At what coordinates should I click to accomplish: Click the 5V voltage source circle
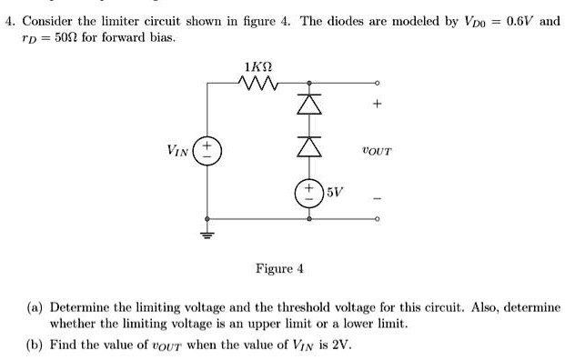click(308, 192)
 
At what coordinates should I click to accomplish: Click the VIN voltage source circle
click(208, 150)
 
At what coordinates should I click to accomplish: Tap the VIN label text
click(178, 151)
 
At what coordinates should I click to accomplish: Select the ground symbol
click(208, 234)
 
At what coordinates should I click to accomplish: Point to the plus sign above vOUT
click(376, 105)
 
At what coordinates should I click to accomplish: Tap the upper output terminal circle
click(376, 84)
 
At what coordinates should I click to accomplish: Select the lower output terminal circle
click(376, 219)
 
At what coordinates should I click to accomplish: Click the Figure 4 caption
click(280, 268)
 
